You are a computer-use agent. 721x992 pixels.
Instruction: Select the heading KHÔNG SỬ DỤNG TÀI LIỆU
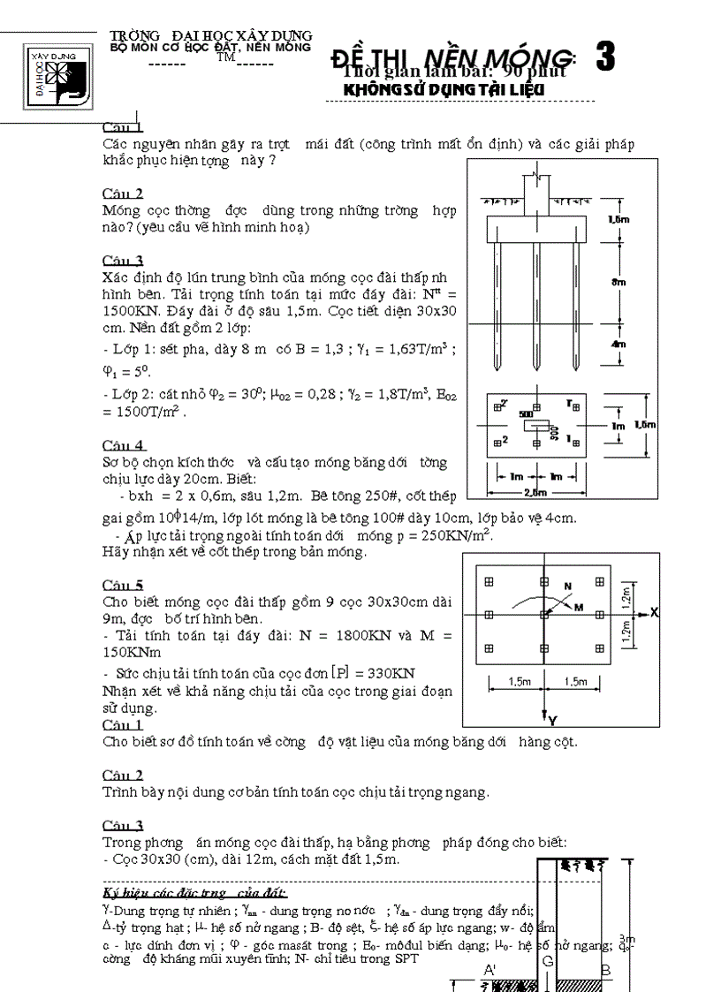[x=443, y=90]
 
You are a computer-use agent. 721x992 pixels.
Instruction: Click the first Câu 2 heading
[x=123, y=193]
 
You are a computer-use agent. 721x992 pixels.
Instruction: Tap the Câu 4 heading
[x=124, y=444]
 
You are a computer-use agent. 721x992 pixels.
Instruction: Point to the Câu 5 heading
[x=123, y=585]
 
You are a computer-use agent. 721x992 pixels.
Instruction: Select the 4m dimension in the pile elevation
[x=619, y=344]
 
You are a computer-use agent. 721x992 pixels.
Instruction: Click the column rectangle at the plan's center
[x=535, y=426]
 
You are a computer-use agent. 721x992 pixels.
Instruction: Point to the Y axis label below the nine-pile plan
[x=550, y=720]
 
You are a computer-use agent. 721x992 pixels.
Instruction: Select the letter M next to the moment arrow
[x=579, y=607]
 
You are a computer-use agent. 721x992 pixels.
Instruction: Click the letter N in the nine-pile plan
[x=567, y=586]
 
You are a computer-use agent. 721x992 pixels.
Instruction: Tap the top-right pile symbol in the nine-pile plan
[x=600, y=581]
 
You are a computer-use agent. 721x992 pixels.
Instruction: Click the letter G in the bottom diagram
[x=548, y=960]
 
